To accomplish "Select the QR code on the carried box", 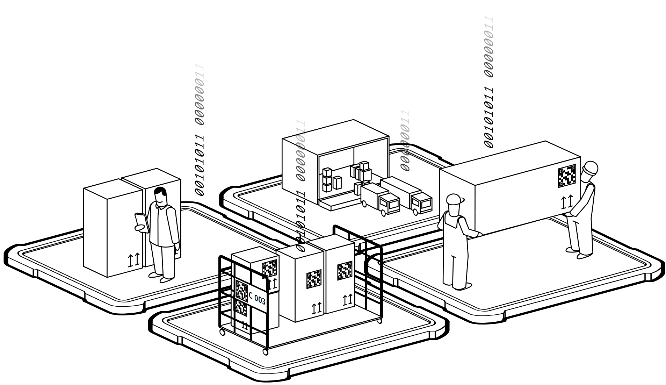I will [567, 176].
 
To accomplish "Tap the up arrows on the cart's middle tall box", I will [317, 308].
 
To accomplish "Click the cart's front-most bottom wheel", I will [266, 351].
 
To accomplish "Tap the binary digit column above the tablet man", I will [200, 129].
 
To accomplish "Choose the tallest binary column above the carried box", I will [489, 80].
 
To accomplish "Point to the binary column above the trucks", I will [405, 140].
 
